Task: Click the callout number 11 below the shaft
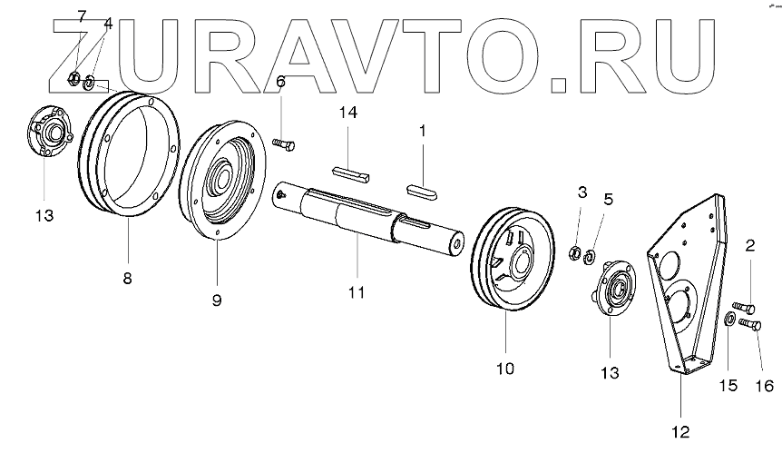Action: (357, 291)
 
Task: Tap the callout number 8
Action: (128, 278)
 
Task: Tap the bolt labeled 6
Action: (285, 143)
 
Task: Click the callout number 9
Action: (216, 299)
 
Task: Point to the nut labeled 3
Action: (574, 251)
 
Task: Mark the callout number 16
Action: (764, 386)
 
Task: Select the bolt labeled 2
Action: (743, 306)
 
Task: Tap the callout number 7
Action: (81, 16)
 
